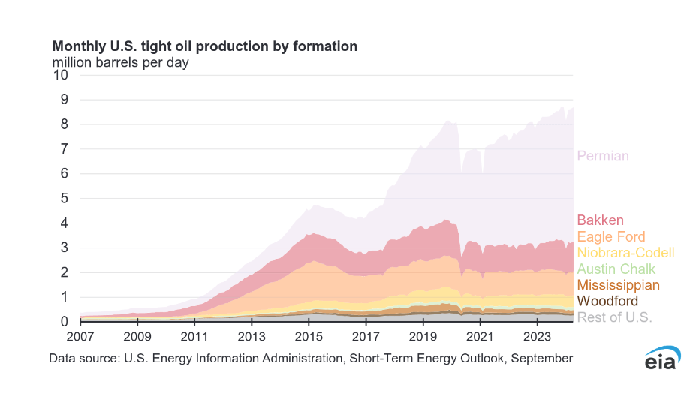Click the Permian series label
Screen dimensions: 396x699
[602, 156]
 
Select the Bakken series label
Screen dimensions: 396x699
[600, 220]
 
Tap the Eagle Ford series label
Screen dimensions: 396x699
[610, 236]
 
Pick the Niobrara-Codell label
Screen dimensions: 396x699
[625, 253]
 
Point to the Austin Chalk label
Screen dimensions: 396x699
[616, 268]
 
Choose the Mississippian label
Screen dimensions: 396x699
[618, 285]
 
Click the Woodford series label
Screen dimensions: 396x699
[607, 301]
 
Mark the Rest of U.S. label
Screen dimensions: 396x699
[614, 317]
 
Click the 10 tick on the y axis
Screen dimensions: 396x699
[61, 75]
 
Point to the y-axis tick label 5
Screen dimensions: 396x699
[65, 199]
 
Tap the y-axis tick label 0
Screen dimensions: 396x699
[65, 322]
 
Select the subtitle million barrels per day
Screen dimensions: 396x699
[119, 62]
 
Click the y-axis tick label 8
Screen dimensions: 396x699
[65, 124]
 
